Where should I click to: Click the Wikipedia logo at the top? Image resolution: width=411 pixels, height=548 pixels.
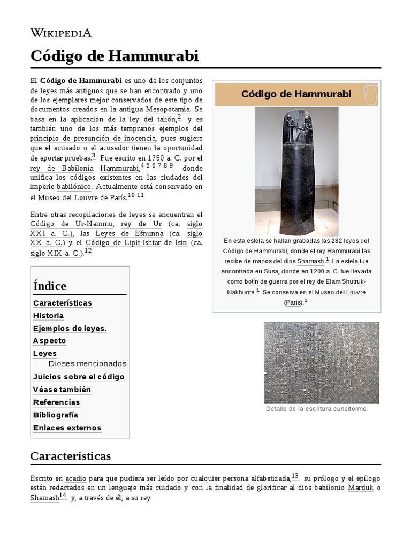[60, 33]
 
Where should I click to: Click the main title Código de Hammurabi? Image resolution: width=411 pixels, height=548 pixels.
[114, 56]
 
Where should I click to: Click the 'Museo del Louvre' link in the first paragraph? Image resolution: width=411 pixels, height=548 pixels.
[68, 197]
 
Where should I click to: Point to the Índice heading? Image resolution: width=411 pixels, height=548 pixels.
[50, 286]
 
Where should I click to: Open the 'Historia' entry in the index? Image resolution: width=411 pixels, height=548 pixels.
[48, 316]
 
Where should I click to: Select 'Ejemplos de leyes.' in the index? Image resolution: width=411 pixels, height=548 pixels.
[70, 329]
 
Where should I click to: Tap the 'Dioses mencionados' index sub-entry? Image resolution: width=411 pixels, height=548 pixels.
[87, 364]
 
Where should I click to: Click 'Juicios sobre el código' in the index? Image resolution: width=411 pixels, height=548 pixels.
[79, 377]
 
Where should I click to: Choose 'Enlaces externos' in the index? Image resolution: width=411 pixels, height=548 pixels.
[67, 428]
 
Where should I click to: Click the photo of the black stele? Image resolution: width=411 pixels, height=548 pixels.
[296, 171]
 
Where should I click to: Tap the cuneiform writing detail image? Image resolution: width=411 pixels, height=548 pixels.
[321, 362]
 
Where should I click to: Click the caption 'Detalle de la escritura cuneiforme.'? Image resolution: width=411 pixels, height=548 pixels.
[317, 409]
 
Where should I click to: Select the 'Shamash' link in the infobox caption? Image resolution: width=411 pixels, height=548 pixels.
[311, 261]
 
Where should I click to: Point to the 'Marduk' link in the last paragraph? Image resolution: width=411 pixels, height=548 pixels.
[360, 488]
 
